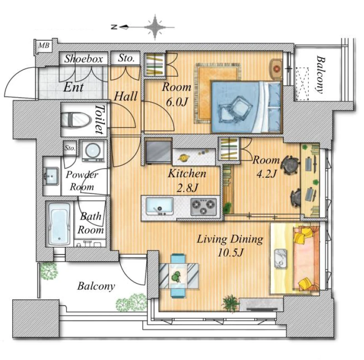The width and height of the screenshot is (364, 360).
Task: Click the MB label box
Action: pos(44,45)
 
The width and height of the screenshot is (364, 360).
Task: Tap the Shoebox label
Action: pos(84,58)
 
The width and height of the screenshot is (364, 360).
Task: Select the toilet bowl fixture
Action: pos(76,119)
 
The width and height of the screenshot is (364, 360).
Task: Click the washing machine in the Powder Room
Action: pos(93,151)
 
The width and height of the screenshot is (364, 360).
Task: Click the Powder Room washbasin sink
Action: pos(51,176)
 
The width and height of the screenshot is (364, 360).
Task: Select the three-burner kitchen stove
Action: pos(204,206)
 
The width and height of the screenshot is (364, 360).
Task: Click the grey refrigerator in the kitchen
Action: pos(158,152)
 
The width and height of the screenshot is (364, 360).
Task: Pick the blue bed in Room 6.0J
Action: pos(246,107)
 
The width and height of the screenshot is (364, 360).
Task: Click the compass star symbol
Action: pos(155,27)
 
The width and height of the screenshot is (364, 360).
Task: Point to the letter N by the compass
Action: pos(114,27)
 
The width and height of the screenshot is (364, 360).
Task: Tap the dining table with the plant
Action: pos(179,276)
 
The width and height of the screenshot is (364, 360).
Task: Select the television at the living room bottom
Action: pos(262,309)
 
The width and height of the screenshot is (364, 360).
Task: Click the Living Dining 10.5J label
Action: pos(230,246)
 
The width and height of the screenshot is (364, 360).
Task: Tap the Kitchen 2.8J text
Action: pos(187,180)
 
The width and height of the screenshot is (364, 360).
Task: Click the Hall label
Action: pos(126,96)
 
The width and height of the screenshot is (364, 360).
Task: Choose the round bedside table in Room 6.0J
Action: pos(276,69)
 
